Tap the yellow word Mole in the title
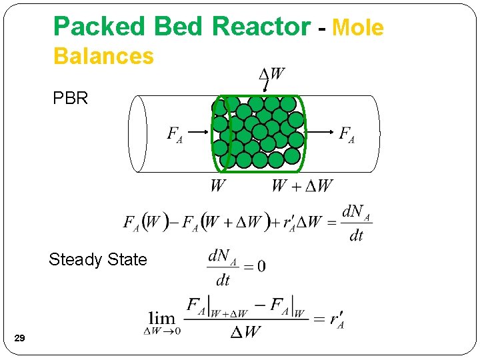(x=358, y=28)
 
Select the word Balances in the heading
(x=103, y=56)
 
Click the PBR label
(x=71, y=99)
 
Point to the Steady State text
(x=97, y=259)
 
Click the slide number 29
(x=20, y=339)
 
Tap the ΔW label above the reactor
(x=271, y=74)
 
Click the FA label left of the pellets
(x=175, y=135)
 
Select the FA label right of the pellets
(x=347, y=135)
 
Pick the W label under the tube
(x=217, y=185)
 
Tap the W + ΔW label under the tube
(x=301, y=185)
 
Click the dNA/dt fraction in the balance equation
(x=356, y=223)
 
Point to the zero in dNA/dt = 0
(x=261, y=266)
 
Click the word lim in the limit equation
(x=161, y=319)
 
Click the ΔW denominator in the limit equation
(x=245, y=331)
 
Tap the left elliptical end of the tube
(x=138, y=133)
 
